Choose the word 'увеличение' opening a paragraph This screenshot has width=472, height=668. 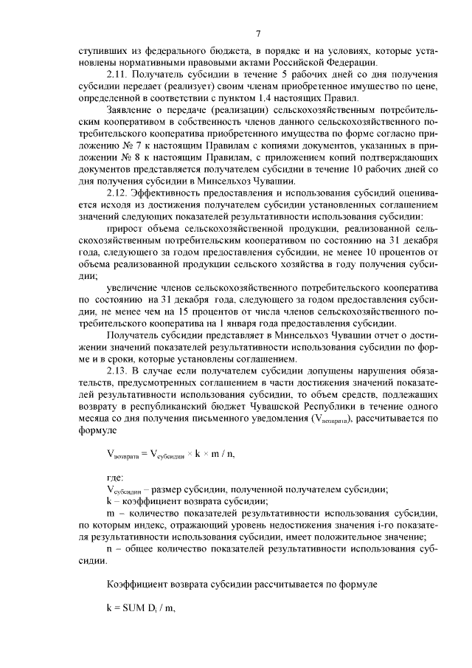coord(133,286)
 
